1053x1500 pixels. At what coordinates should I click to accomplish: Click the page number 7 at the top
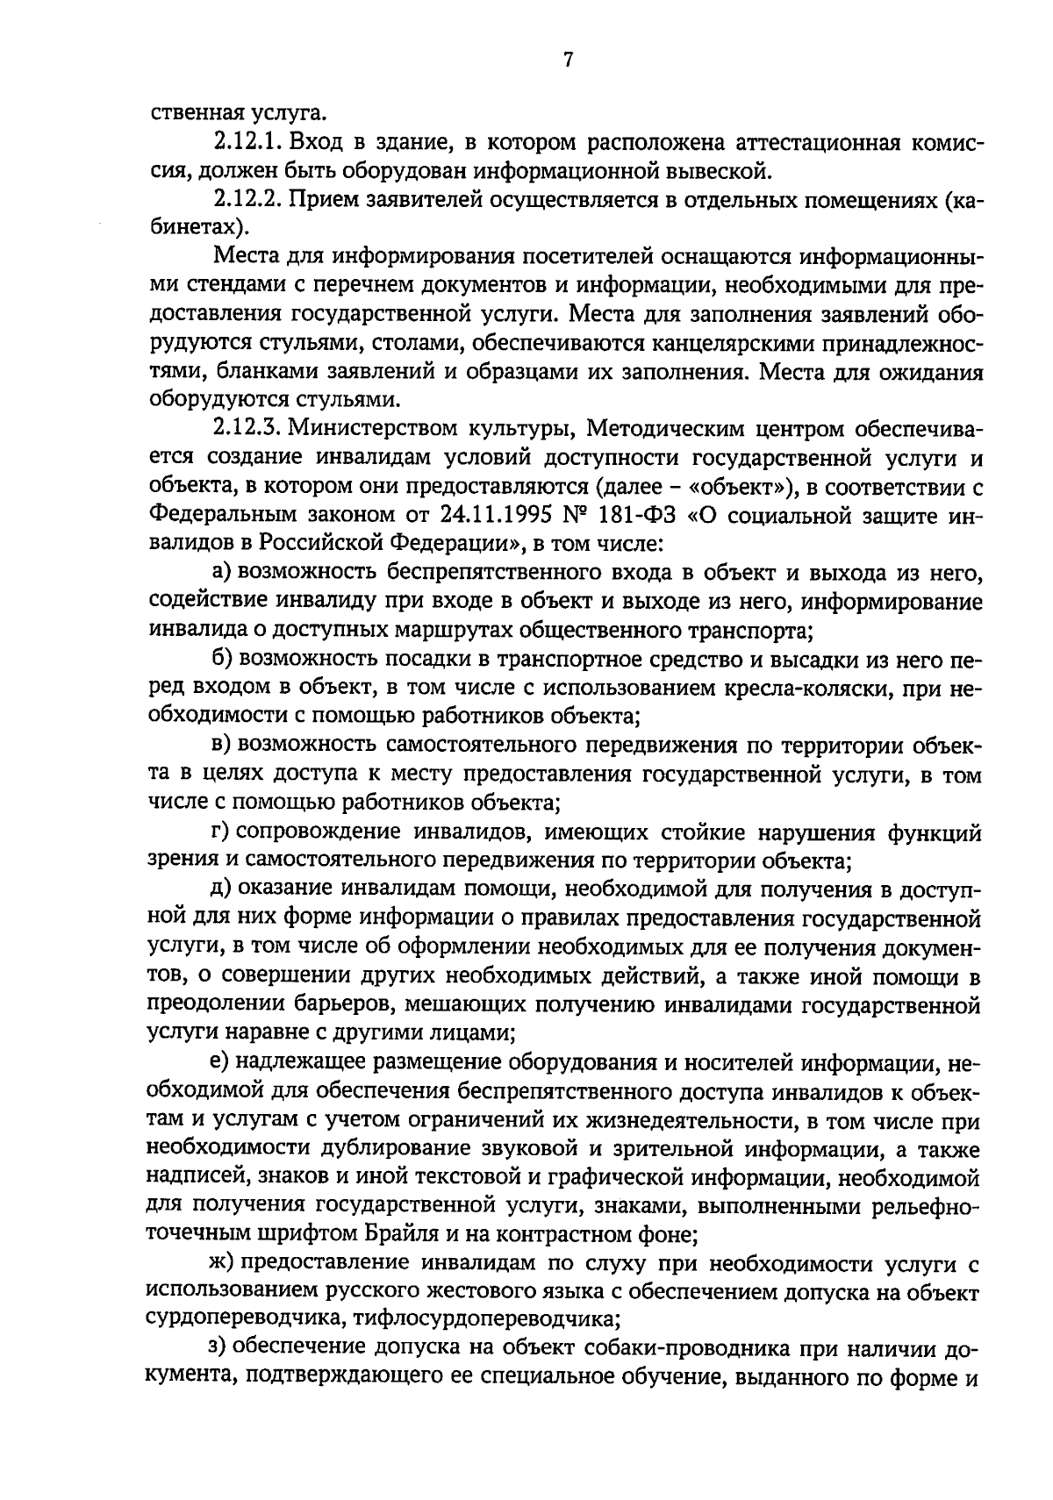[568, 60]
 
